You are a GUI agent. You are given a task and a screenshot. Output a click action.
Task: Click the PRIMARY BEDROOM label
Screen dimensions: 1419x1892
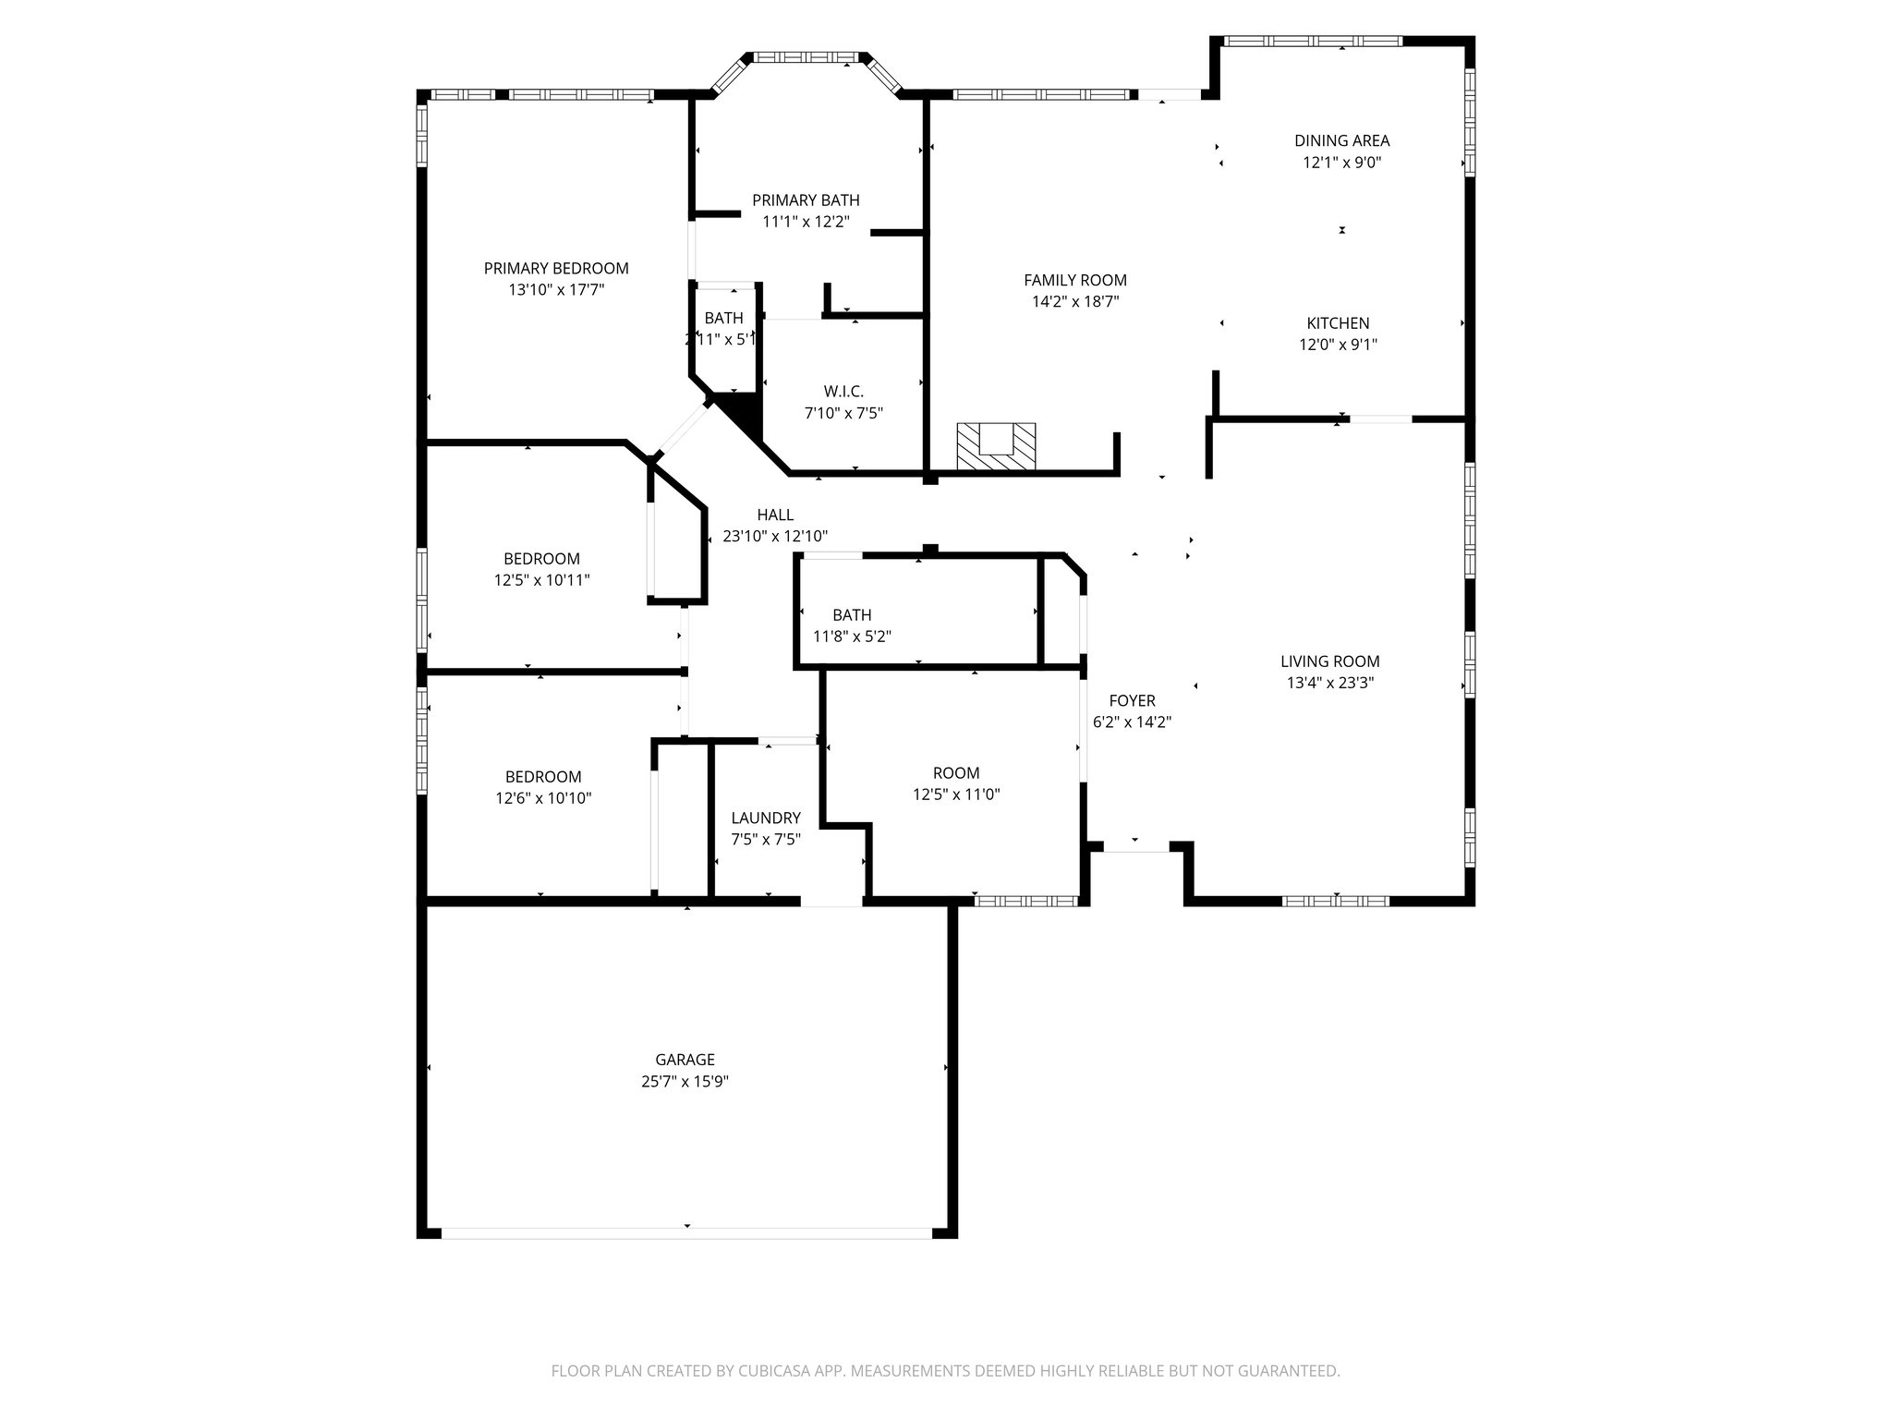pos(556,269)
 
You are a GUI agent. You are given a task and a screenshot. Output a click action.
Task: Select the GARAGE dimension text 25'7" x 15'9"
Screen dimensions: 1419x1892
pos(685,1081)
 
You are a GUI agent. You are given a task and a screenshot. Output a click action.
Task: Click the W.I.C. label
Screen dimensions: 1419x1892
pos(843,392)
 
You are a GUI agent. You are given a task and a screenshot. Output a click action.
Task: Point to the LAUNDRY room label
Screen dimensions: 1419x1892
pos(765,818)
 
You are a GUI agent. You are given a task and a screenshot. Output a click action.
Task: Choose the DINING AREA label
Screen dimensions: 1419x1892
pos(1341,141)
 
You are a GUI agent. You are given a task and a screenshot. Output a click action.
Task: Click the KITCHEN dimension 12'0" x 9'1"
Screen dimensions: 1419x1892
pos(1338,345)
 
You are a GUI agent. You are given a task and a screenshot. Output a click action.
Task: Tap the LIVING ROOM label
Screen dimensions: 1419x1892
pos(1329,661)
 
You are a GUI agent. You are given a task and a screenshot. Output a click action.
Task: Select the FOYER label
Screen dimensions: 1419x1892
pos(1132,701)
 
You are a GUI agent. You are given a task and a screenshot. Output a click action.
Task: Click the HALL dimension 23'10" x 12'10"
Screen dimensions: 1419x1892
pos(774,536)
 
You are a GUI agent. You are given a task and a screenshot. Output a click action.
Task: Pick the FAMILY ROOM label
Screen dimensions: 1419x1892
pos(1074,280)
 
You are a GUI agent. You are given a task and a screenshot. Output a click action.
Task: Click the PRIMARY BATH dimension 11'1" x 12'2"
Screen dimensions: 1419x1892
pos(806,222)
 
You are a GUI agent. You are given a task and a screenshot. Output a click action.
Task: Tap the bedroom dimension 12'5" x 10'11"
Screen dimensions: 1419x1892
pos(541,580)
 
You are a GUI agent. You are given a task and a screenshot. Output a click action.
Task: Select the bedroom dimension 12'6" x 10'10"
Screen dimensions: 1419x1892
pos(543,798)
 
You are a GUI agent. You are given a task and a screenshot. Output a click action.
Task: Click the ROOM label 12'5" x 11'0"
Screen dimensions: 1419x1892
pos(955,773)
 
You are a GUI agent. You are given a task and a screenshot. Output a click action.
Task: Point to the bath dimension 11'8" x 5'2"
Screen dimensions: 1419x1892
pos(852,637)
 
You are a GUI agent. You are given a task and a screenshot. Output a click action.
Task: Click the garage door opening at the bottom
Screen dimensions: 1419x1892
pos(685,1232)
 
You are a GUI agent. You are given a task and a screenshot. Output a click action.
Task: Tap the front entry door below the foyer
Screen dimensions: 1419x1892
pos(1135,846)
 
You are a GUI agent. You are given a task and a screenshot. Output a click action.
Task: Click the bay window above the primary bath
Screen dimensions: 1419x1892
pos(807,57)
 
